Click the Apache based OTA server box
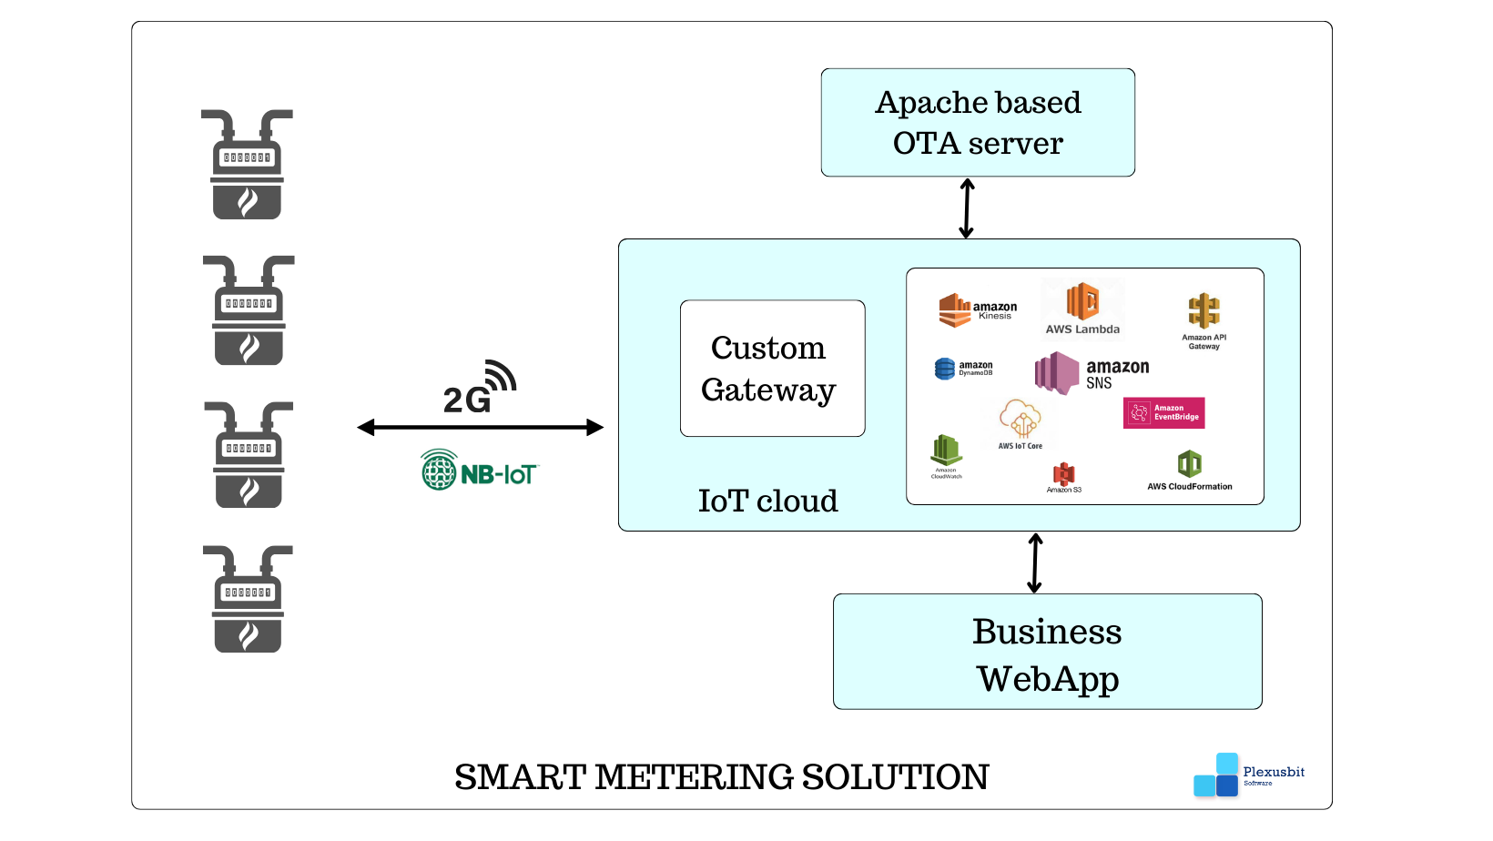click(x=978, y=123)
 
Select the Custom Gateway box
click(x=772, y=369)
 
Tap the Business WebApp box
click(x=1047, y=652)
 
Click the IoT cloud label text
click(x=767, y=501)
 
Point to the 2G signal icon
click(x=480, y=389)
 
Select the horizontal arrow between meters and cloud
click(x=480, y=427)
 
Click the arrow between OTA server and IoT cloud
click(x=967, y=208)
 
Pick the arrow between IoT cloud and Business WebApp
click(x=1035, y=563)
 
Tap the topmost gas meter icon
click(x=247, y=165)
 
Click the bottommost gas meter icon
click(x=248, y=599)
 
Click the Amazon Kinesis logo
click(x=977, y=310)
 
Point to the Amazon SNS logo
click(x=1092, y=372)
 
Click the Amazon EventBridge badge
click(x=1163, y=413)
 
